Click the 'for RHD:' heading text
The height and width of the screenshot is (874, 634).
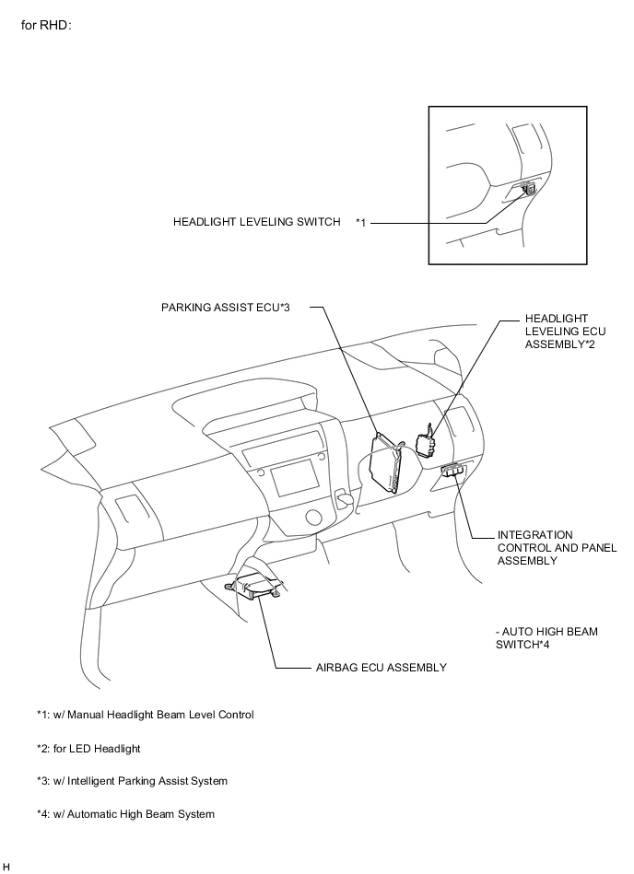coord(46,23)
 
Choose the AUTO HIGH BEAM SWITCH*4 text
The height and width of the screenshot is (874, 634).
coord(546,637)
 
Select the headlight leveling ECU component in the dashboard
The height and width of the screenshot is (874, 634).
coord(427,443)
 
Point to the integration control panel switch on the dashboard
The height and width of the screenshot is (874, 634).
coord(452,471)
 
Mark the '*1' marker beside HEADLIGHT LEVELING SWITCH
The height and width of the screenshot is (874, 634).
coord(361,222)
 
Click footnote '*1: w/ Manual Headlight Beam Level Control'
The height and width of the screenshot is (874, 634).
coord(145,714)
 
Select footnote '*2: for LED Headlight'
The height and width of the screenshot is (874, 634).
coord(88,748)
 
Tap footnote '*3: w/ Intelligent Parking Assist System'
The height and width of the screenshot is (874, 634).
coord(132,781)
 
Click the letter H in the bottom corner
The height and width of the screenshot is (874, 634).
coord(6,867)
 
